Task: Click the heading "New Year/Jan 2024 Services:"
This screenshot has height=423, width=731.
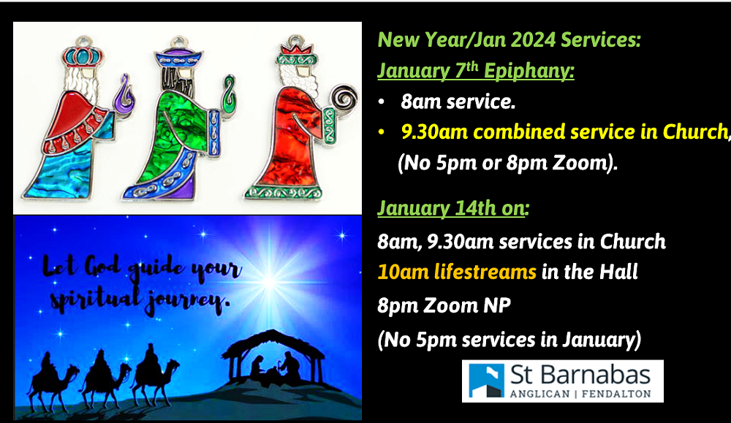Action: pos(509,39)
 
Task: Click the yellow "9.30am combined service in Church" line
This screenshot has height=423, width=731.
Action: pos(564,132)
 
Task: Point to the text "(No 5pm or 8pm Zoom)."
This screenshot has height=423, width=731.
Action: pos(507,163)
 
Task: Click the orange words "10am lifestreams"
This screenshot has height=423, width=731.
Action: pos(457,273)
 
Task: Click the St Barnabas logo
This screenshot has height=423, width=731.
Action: pos(562,381)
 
